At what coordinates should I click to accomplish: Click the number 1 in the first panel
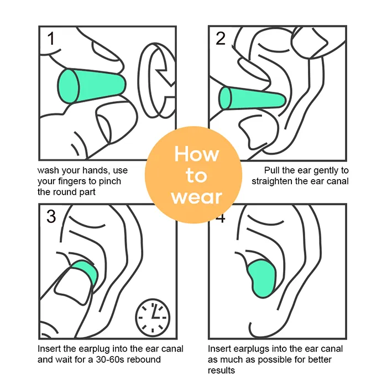point(51,39)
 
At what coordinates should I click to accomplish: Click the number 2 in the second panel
point(221,38)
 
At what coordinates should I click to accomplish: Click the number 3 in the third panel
point(51,216)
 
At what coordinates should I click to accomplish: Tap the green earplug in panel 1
point(92,86)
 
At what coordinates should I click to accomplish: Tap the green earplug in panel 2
point(252,98)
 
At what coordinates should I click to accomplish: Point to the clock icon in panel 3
point(153,318)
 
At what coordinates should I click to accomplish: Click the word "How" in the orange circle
point(196,154)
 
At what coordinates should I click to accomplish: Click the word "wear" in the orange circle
point(197,197)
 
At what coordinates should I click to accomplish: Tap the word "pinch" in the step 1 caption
point(110,181)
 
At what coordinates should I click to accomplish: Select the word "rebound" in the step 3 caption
point(143,359)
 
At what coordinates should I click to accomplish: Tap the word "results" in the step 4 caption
point(221,370)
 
